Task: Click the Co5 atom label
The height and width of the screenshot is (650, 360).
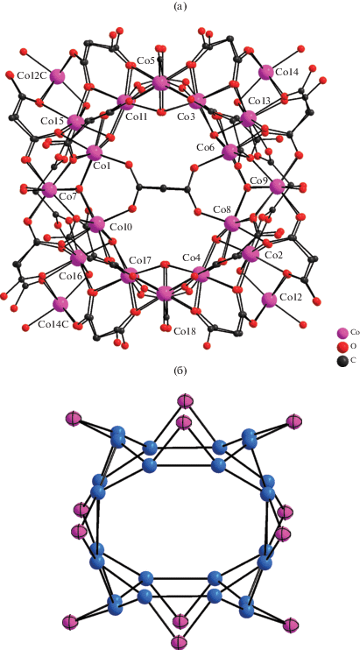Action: tap(145, 61)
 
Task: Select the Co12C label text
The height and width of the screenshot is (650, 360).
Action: tap(32, 76)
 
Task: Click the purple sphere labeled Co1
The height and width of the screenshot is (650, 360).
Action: tap(95, 152)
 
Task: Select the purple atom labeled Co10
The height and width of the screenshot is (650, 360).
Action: tap(97, 224)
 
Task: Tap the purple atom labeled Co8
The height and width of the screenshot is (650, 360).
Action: tap(231, 224)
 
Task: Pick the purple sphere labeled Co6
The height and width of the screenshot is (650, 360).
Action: tap(229, 152)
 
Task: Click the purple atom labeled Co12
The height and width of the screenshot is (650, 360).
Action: tap(269, 300)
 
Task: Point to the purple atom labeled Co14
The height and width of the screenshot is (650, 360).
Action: tap(265, 73)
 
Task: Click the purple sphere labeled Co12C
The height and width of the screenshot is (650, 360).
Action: tap(57, 77)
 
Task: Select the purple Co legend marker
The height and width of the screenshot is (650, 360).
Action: tap(342, 333)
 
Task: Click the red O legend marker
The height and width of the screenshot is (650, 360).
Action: tap(342, 346)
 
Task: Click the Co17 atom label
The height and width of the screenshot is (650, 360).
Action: tap(138, 261)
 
